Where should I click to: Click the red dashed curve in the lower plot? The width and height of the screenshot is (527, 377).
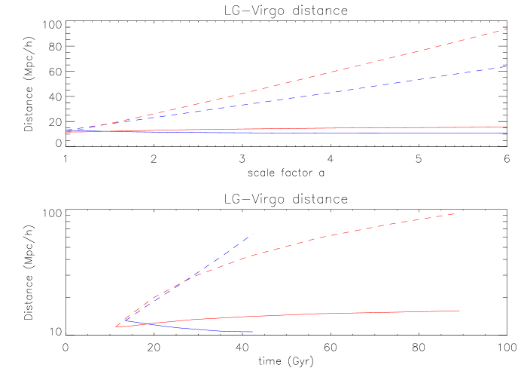[339, 233]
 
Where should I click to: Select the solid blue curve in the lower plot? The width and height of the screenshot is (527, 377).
[211, 330]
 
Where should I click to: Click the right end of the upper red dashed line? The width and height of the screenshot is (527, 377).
[507, 29]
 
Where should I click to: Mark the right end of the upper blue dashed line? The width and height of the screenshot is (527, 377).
[507, 66]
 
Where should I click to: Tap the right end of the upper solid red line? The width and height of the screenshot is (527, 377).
[507, 127]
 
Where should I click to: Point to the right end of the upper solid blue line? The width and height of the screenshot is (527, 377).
[507, 133]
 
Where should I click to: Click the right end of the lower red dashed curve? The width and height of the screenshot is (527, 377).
[455, 214]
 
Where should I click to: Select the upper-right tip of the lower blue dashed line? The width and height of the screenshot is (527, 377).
[249, 237]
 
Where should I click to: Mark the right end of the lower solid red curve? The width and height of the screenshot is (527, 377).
[460, 311]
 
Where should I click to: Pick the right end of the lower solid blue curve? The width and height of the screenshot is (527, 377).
[252, 332]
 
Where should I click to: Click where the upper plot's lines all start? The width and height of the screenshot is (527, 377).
[67, 131]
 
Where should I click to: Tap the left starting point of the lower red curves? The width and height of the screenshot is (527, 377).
[116, 326]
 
